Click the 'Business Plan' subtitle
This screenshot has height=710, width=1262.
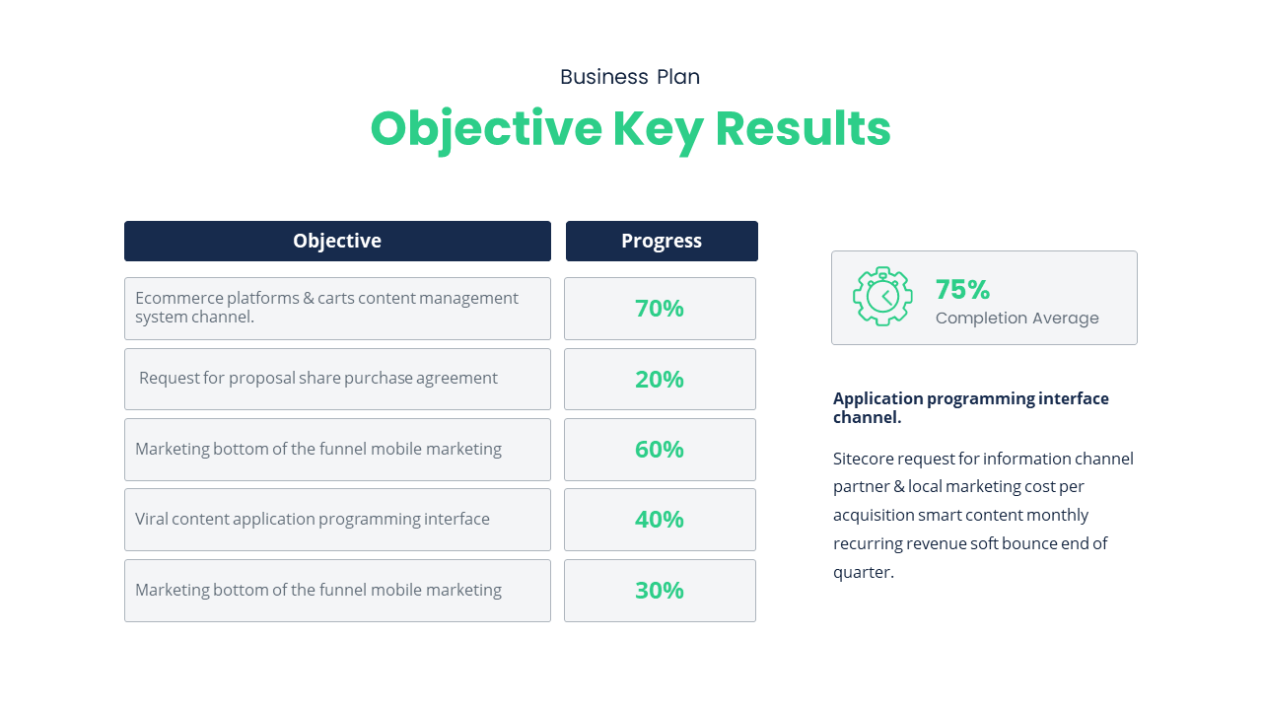point(630,77)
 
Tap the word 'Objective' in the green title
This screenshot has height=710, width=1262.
point(485,129)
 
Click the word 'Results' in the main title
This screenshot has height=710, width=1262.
point(803,129)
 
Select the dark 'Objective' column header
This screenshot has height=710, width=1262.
point(337,241)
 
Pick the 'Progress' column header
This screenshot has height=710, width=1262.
point(662,241)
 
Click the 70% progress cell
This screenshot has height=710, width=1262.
point(660,309)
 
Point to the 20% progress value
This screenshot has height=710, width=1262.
point(660,380)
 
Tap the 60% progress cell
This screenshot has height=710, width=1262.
point(660,450)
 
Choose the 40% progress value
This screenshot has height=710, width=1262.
point(660,520)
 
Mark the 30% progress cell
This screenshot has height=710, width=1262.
point(660,591)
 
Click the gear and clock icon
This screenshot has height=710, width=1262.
point(882,296)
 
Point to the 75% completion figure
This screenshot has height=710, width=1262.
point(962,289)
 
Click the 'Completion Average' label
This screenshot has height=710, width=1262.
point(1017,319)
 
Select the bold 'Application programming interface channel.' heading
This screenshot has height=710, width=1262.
point(970,407)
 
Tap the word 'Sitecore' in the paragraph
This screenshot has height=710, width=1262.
point(863,459)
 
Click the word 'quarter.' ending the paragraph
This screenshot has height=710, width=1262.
point(864,572)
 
